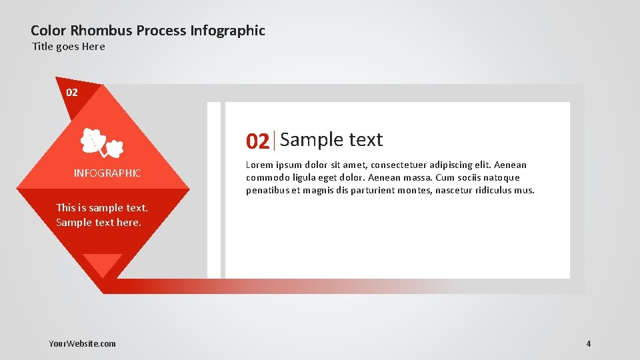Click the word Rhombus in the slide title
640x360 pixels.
(x=102, y=31)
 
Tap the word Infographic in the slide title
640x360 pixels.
(x=227, y=31)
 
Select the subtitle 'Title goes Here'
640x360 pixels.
(x=69, y=47)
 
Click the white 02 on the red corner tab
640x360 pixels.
(x=72, y=92)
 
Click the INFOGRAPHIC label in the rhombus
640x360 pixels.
(x=107, y=173)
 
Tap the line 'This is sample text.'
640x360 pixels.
(x=102, y=208)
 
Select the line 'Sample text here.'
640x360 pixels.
(x=99, y=223)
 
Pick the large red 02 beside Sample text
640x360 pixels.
(x=257, y=141)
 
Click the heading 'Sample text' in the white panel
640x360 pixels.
(x=331, y=140)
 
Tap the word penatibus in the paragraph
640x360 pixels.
(x=267, y=191)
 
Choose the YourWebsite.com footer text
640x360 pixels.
(x=82, y=344)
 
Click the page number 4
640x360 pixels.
(x=589, y=344)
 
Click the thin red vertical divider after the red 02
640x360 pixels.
(x=275, y=141)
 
